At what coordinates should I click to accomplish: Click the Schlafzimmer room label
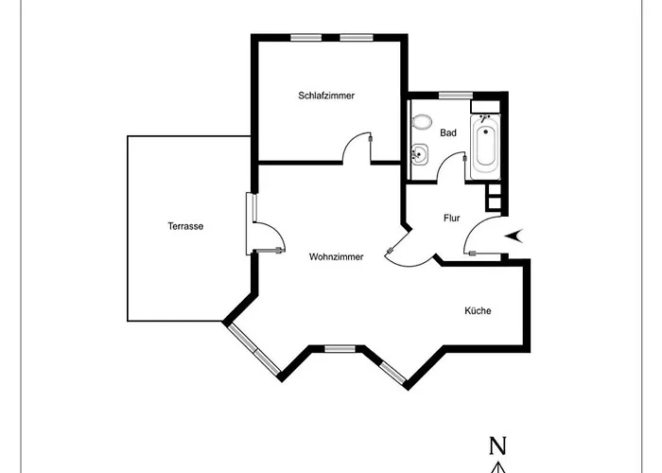pos(326,96)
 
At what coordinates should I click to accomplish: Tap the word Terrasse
pos(185,226)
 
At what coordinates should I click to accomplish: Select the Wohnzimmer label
pos(336,256)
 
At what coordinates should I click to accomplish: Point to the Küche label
pos(478,311)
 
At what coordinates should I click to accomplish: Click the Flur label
pos(451,218)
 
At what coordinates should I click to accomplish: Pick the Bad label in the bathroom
pos(448,132)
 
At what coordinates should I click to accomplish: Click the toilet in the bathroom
pos(422,122)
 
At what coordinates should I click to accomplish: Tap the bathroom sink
pos(420,153)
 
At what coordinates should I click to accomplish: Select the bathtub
pos(485,147)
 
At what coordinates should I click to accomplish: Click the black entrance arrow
pos(514,236)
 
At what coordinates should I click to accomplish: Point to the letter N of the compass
pos(497,446)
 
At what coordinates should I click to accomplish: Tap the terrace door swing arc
pos(276,230)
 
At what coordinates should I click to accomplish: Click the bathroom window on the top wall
pos(456,95)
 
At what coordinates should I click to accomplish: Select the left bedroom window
pos(306,38)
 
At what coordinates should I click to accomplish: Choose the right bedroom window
pos(357,38)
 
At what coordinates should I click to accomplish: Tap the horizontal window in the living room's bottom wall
pos(340,348)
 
